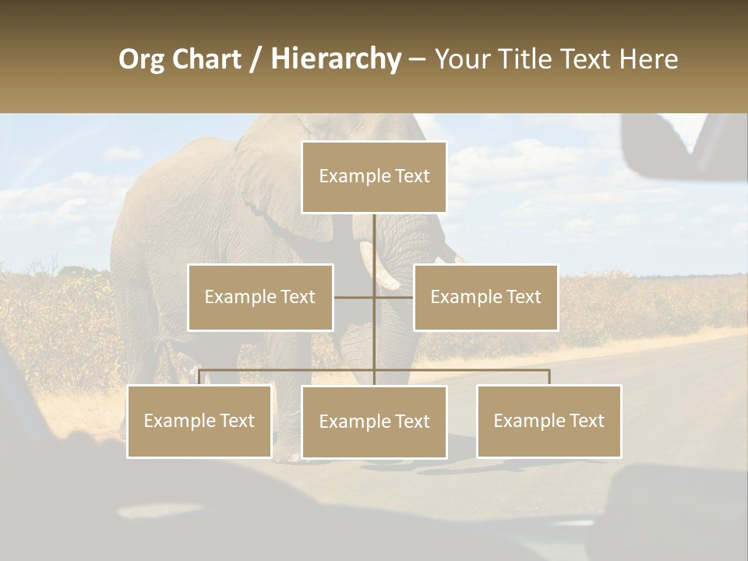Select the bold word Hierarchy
(x=336, y=59)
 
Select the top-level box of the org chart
(x=374, y=177)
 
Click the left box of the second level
(x=260, y=297)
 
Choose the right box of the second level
(x=485, y=297)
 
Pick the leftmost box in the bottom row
(x=199, y=421)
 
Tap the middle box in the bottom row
(x=374, y=422)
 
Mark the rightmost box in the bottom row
(x=549, y=421)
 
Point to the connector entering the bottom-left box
(x=199, y=377)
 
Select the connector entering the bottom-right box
(x=549, y=377)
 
